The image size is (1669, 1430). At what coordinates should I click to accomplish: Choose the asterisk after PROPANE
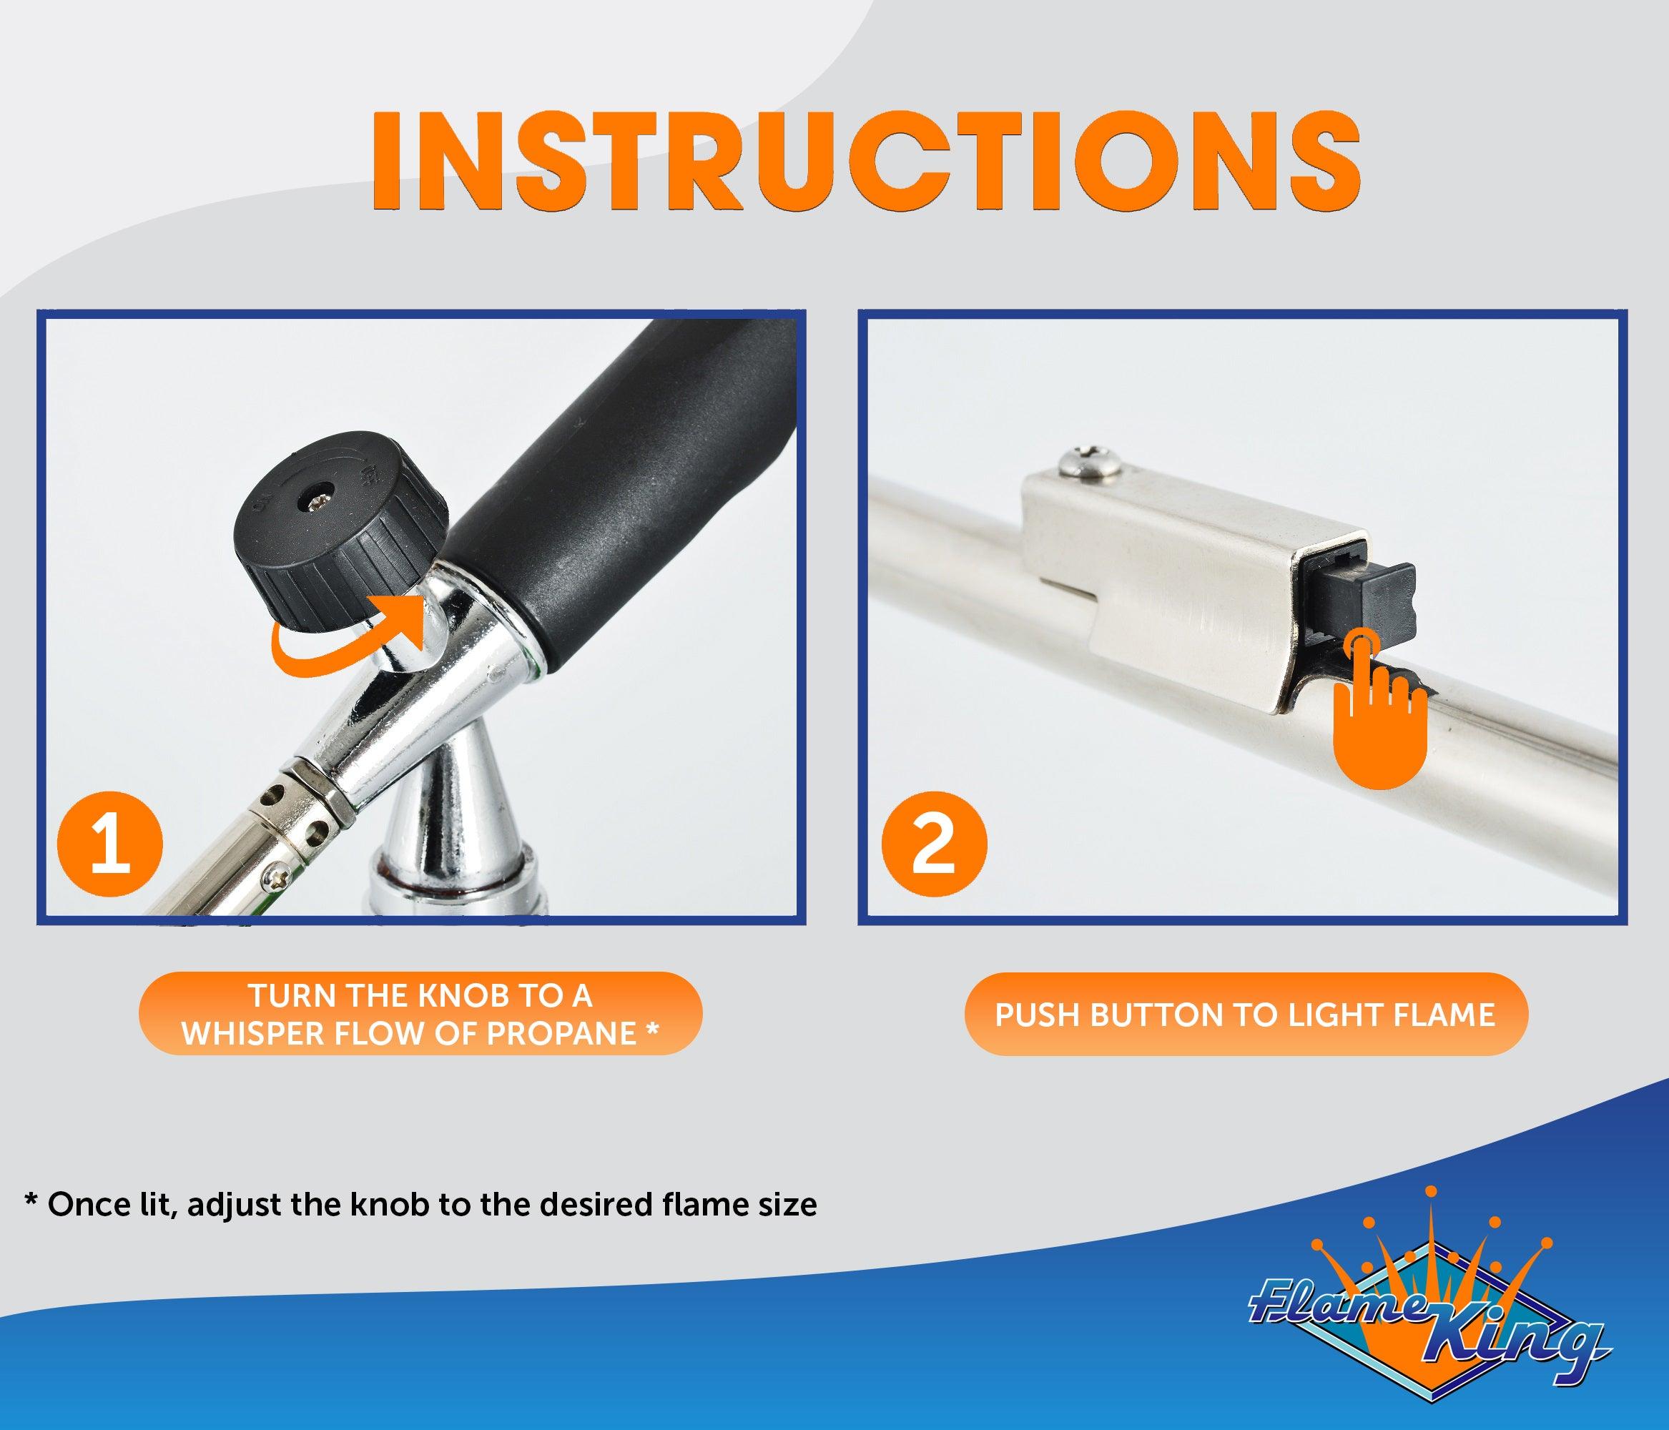click(x=654, y=1028)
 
